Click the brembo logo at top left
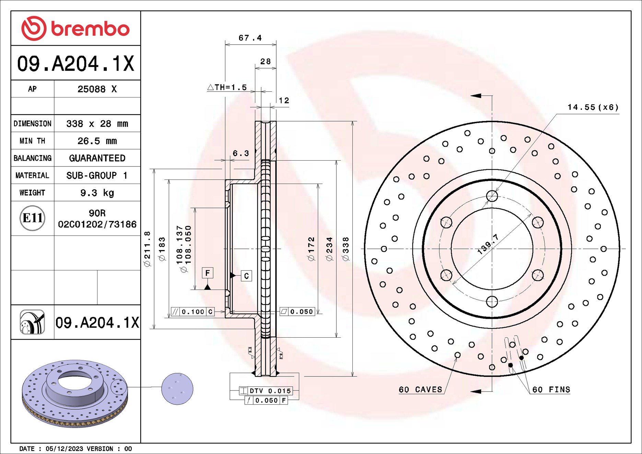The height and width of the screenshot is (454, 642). pyautogui.click(x=75, y=28)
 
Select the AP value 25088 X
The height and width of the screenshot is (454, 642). pyautogui.click(x=97, y=89)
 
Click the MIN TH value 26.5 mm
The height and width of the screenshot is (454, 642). pyautogui.click(x=97, y=141)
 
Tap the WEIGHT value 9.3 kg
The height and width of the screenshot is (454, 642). pyautogui.click(x=97, y=193)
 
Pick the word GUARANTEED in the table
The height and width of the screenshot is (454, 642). pyautogui.click(x=97, y=158)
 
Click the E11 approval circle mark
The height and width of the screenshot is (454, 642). pyautogui.click(x=32, y=218)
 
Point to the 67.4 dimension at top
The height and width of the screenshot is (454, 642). pyautogui.click(x=250, y=38)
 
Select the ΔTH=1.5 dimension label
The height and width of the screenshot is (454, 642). pyautogui.click(x=227, y=88)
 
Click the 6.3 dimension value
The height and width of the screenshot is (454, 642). pyautogui.click(x=241, y=153)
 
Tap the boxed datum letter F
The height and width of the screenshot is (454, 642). pyautogui.click(x=207, y=273)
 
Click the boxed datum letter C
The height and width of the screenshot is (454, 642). pyautogui.click(x=246, y=276)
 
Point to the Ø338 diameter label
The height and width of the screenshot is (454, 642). pyautogui.click(x=346, y=249)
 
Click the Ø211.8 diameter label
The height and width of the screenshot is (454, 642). pyautogui.click(x=147, y=249)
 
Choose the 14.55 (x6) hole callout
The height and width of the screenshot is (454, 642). pyautogui.click(x=593, y=107)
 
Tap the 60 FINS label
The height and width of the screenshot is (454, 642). pyautogui.click(x=551, y=390)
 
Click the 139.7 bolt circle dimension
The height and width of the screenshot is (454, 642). pyautogui.click(x=488, y=244)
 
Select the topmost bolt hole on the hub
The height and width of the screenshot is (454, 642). pyautogui.click(x=492, y=196)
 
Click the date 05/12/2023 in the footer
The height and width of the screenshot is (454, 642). pyautogui.click(x=64, y=449)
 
